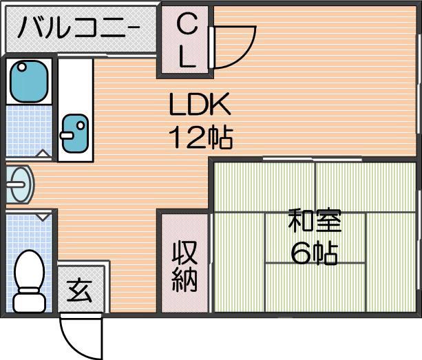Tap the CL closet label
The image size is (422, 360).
click(187, 42)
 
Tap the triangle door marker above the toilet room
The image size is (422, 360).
click(43, 217)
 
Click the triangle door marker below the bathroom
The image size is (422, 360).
click(43, 154)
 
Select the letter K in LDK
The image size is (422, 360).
click(222, 106)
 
